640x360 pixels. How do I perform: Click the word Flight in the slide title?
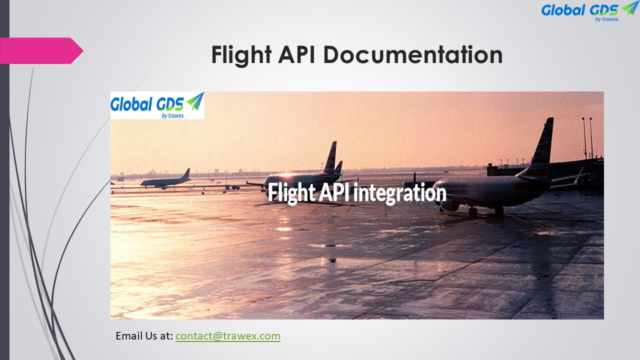coord(240,54)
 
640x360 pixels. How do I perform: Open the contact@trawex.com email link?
coord(227,335)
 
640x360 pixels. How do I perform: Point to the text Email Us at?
coord(144,335)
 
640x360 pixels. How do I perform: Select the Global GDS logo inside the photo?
coord(157,105)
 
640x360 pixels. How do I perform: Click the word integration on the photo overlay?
coord(399,193)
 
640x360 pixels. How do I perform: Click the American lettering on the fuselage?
coord(456,187)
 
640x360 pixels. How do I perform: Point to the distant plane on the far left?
coord(166,180)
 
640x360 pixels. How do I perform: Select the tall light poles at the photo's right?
coord(587,138)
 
